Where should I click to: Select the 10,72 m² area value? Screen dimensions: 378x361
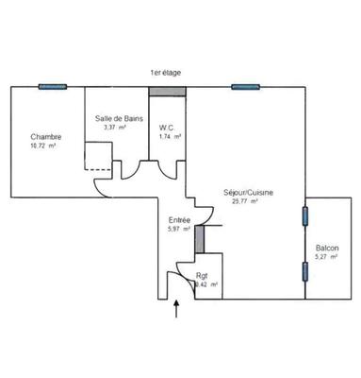(x=43, y=146)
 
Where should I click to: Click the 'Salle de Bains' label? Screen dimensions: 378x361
(x=115, y=118)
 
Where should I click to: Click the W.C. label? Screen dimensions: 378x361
(x=170, y=129)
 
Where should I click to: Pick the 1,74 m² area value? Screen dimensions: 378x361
(x=171, y=138)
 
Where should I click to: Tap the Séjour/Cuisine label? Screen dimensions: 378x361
(x=249, y=193)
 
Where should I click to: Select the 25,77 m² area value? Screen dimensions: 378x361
(x=248, y=202)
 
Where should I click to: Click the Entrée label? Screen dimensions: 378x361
(x=179, y=219)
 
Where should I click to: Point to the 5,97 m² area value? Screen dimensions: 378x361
(x=179, y=229)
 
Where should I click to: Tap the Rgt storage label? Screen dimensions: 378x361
(x=202, y=275)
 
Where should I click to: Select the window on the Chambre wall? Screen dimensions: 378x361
(x=53, y=87)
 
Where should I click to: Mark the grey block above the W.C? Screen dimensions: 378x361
(x=168, y=92)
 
